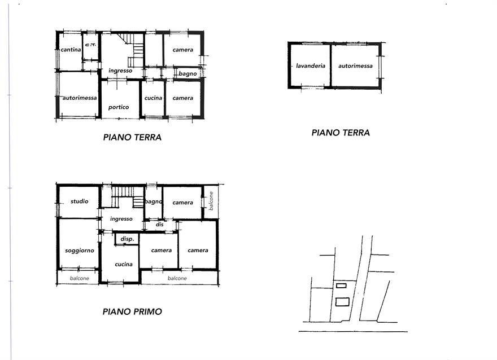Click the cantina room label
[71, 50]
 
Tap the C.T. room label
[91, 45]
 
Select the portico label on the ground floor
[119, 107]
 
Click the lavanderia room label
[311, 66]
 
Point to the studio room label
[79, 201]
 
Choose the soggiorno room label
[80, 251]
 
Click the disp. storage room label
[128, 239]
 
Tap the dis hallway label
[160, 224]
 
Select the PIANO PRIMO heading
[132, 311]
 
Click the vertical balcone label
[211, 201]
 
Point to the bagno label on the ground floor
[188, 74]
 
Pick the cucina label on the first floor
[124, 265]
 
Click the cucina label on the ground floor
[153, 98]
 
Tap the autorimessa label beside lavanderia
[355, 66]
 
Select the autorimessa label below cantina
[80, 98]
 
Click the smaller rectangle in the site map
[341, 286]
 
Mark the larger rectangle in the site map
[342, 302]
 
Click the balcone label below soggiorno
[79, 278]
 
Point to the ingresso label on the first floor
[121, 219]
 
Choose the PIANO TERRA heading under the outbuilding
[341, 133]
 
